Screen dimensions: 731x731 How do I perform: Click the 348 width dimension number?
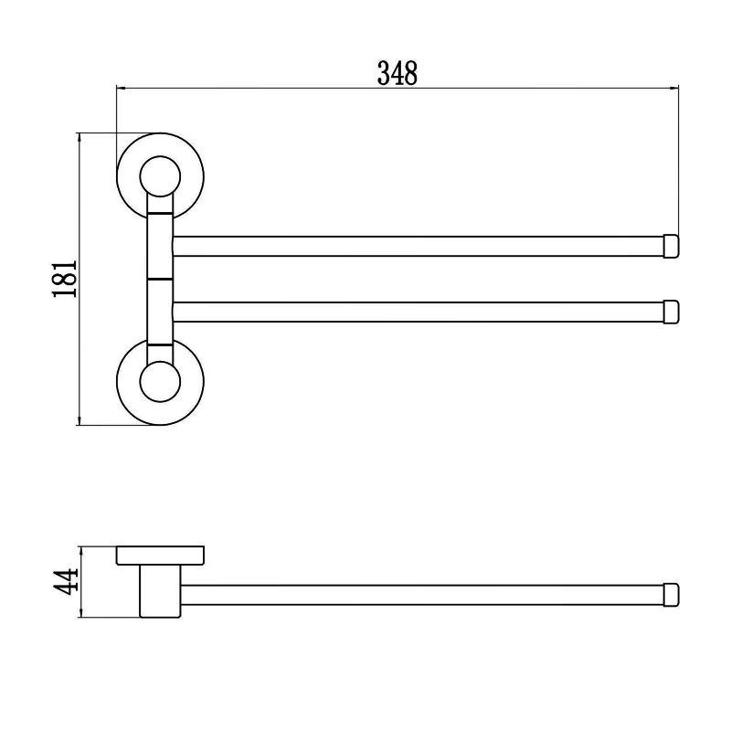[397, 72]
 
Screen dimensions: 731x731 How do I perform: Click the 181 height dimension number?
[61, 280]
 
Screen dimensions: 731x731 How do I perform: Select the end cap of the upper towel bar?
[670, 246]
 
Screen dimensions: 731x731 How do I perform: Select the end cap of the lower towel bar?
[670, 312]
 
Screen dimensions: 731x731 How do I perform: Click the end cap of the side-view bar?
[670, 593]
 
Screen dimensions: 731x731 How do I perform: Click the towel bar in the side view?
[420, 593]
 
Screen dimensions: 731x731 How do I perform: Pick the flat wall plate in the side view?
[159, 555]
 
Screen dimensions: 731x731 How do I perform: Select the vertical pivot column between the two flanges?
[159, 279]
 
